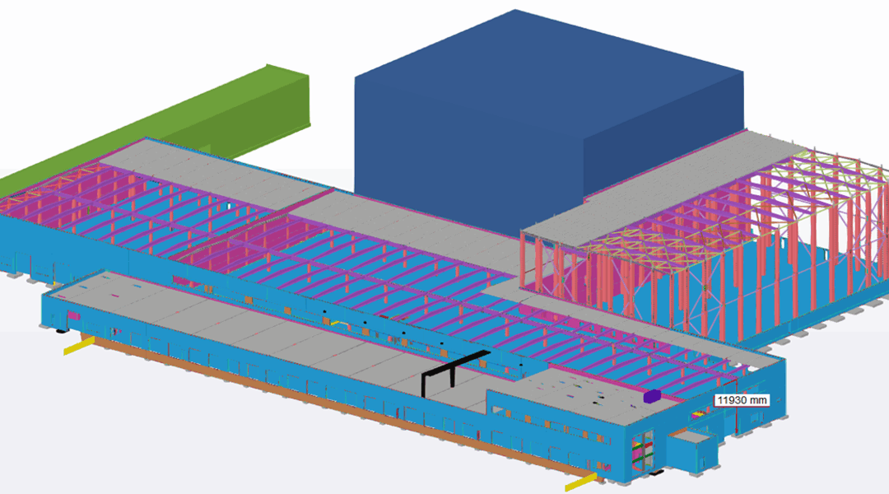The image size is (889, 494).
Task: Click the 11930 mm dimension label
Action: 742,400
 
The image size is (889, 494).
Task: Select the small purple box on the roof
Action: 652,396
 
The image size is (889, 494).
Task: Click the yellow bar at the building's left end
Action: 78,346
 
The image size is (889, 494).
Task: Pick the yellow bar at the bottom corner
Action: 581,483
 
